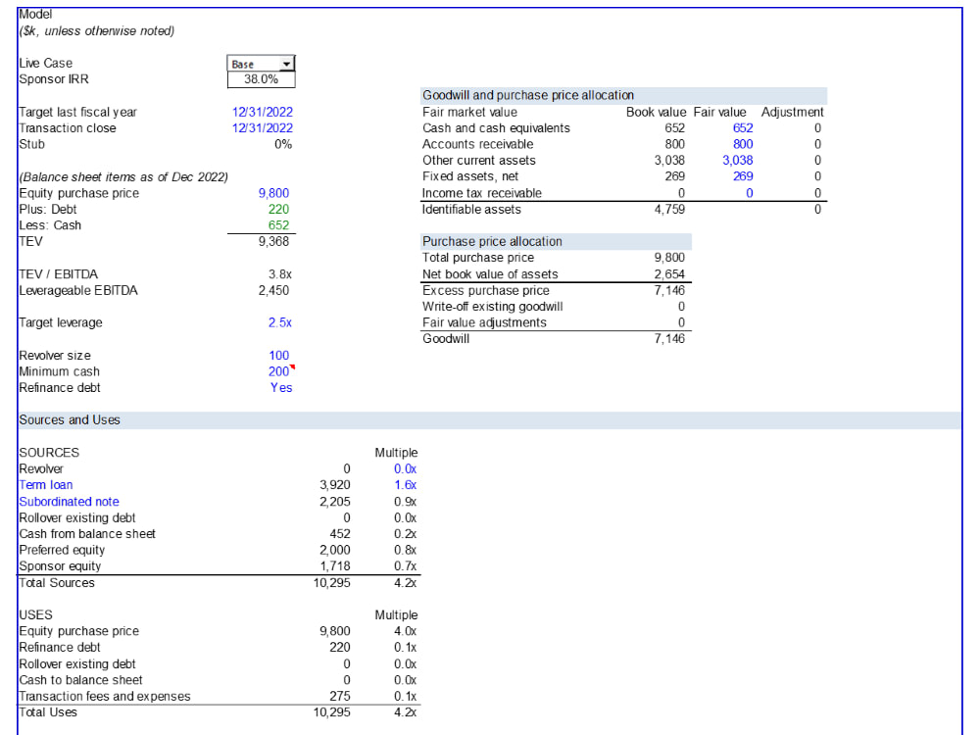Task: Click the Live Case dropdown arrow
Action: coord(286,64)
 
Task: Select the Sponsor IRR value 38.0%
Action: coord(262,79)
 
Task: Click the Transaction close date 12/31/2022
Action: coord(263,128)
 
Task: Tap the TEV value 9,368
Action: coord(273,241)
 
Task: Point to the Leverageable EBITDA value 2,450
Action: coord(273,291)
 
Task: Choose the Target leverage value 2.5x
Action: coord(280,323)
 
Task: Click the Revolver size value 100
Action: coord(278,356)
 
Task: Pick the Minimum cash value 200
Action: coord(278,371)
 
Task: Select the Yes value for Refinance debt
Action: coord(281,388)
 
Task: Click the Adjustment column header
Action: coord(793,113)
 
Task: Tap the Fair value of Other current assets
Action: coord(738,161)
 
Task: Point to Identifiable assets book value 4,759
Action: coord(669,210)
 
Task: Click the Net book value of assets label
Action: coord(490,274)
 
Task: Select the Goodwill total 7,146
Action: coord(669,339)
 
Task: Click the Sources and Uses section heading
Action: coord(70,420)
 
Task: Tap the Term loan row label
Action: coord(46,485)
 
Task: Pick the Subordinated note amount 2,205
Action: coord(335,502)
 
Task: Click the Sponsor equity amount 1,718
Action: coord(335,566)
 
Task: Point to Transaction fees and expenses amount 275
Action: coord(340,696)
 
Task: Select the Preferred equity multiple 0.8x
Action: coord(405,550)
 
